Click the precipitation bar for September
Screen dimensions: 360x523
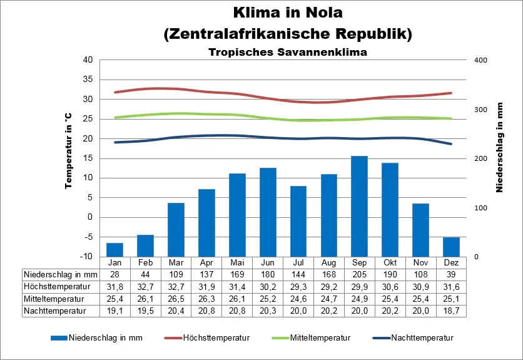pos(359,206)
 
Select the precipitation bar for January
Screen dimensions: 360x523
pos(114,250)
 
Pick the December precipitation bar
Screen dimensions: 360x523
pos(451,247)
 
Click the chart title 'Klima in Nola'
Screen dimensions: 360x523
pos(288,13)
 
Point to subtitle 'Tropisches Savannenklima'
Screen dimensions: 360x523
pos(288,53)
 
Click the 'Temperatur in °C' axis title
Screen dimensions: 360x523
pos(68,151)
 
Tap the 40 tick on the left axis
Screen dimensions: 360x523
pos(88,60)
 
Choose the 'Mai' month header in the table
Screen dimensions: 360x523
pos(237,262)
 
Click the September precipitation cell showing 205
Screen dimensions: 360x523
pos(359,274)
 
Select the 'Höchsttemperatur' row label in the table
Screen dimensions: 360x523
pos(53,286)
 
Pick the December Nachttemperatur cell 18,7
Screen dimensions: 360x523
pos(451,310)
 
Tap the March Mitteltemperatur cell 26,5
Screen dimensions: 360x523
pos(176,298)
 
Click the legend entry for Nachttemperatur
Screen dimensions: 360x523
pos(422,338)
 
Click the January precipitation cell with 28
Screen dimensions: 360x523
pos(114,274)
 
